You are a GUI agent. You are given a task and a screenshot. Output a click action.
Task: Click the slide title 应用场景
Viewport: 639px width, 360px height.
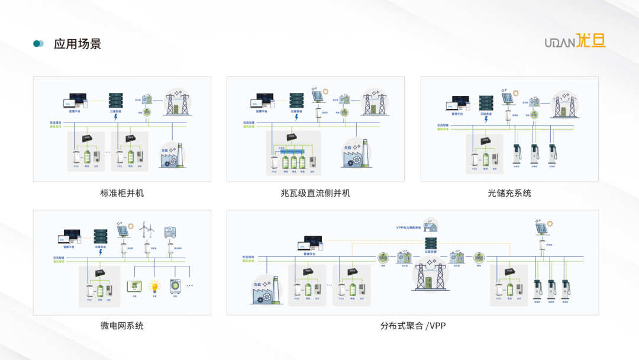click(x=78, y=44)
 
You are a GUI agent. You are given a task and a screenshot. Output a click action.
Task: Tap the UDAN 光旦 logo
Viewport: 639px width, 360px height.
click(x=575, y=41)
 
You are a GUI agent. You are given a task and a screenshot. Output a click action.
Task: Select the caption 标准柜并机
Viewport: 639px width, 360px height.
click(x=122, y=193)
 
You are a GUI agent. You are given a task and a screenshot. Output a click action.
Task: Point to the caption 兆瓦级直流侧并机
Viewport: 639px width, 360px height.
click(x=315, y=193)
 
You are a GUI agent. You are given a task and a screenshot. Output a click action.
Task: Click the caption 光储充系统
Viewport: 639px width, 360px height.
click(x=509, y=193)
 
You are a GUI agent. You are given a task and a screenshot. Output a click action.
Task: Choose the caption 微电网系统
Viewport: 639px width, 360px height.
click(x=122, y=325)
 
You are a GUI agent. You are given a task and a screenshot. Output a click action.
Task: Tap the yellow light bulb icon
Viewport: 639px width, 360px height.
click(x=154, y=287)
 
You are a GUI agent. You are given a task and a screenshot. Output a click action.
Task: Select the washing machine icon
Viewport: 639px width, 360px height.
click(x=175, y=287)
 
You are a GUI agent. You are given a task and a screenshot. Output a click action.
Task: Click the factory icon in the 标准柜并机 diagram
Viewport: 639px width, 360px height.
click(x=172, y=156)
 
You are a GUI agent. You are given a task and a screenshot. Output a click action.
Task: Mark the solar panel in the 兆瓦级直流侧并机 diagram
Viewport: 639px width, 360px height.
click(x=318, y=96)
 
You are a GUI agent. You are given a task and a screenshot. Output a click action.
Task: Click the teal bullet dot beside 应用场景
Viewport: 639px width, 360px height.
click(x=38, y=44)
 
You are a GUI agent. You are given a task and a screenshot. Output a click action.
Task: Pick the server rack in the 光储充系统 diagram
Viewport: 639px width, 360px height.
click(x=486, y=103)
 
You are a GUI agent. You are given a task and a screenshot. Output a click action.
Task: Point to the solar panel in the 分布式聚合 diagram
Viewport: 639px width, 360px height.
click(x=541, y=228)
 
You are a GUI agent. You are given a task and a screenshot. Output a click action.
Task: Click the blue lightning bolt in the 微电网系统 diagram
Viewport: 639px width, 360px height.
click(x=101, y=252)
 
